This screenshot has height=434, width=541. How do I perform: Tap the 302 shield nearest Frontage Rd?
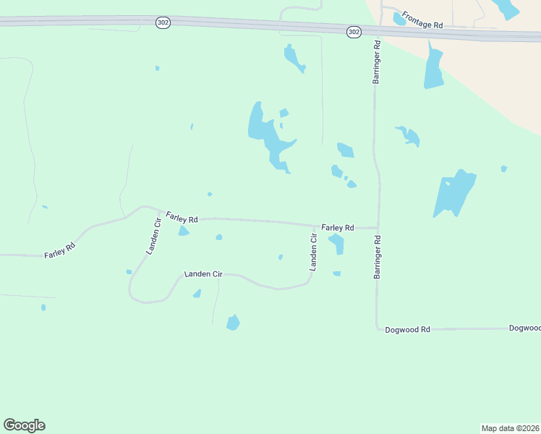pos(354,32)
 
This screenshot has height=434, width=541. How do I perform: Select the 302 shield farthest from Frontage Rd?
pos(163,23)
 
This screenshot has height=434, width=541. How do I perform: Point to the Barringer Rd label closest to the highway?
pos(377,63)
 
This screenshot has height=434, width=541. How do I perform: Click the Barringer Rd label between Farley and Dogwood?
pos(377,256)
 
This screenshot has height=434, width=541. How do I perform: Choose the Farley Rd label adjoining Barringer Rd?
pos(338,227)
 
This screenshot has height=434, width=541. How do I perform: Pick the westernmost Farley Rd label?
pos(60,251)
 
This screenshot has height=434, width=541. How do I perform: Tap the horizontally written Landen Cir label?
pos(203,274)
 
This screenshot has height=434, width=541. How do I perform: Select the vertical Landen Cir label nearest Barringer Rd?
pos(314,252)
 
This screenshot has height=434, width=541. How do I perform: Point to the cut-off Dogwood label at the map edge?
pos(524,328)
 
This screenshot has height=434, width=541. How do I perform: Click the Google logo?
pos(24,425)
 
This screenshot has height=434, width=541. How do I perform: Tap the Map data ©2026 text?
pos(510,428)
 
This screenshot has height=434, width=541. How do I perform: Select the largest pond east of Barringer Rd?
pos(453,192)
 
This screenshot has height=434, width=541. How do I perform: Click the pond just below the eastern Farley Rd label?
pos(337,244)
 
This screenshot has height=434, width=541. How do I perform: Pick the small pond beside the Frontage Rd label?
pos(399,18)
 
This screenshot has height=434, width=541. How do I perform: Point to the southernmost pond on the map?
pos(233,323)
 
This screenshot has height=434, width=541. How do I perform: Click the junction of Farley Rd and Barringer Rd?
pos(377,228)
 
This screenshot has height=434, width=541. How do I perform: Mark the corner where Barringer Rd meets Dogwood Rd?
pos(378,329)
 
